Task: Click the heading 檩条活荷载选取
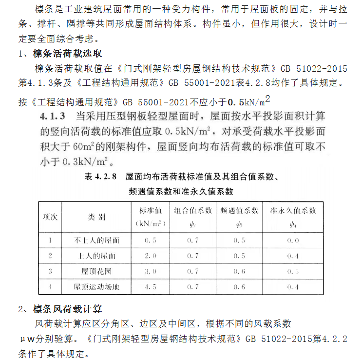[x=67, y=53]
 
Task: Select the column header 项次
[x=50, y=217]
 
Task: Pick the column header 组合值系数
[x=192, y=211]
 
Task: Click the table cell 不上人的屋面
[x=96, y=240]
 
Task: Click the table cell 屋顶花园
[x=96, y=271]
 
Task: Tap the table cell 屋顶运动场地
[x=96, y=287]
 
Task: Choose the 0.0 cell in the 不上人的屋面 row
[x=293, y=240]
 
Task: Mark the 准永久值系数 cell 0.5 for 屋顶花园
[x=293, y=271]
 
